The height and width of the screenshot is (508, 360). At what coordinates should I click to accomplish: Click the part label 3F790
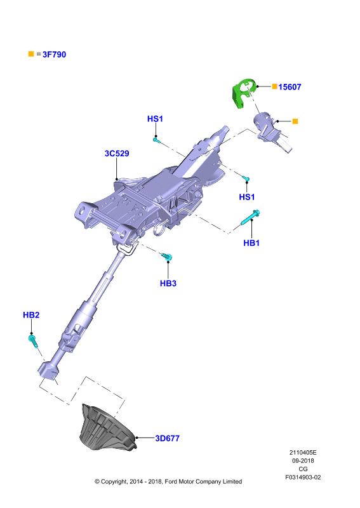[x=54, y=55]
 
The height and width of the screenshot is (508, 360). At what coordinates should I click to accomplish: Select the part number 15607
[x=290, y=87]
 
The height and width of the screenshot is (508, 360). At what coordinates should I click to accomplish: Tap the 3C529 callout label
[x=117, y=153]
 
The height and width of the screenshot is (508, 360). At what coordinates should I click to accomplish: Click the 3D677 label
[x=167, y=438]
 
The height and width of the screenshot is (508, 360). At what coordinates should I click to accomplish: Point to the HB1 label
[x=251, y=243]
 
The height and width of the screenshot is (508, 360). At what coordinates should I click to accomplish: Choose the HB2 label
[x=31, y=315]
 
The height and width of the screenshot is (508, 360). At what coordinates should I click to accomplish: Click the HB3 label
[x=168, y=283]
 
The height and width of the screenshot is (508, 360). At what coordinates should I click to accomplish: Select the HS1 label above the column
[x=155, y=119]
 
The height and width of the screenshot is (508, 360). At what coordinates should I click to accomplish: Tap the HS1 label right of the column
[x=247, y=197]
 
